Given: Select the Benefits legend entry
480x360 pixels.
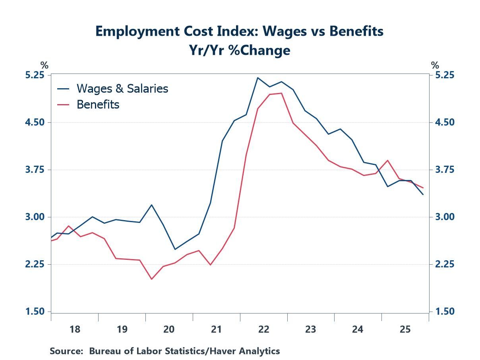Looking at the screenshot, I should [x=98, y=105].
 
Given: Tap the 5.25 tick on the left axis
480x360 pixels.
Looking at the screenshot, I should [x=35, y=75].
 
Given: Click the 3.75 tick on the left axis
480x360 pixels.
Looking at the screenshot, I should [x=35, y=170].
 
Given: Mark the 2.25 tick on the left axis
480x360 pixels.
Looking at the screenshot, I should [x=35, y=264].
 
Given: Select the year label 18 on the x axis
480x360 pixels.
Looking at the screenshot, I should [x=75, y=329].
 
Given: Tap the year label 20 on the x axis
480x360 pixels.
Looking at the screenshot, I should [x=169, y=329].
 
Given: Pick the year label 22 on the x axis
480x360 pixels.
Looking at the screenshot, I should [x=263, y=329].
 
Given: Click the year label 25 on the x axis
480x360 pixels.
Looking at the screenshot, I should [x=405, y=329].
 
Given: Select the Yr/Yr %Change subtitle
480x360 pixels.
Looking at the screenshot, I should [x=240, y=50].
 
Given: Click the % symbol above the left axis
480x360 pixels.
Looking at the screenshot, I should [x=44, y=66].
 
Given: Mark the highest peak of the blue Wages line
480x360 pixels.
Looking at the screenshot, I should [x=257, y=78].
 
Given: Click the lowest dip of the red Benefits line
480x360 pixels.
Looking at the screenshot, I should [x=151, y=279].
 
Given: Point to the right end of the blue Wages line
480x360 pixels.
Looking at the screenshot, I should [x=423, y=194].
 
